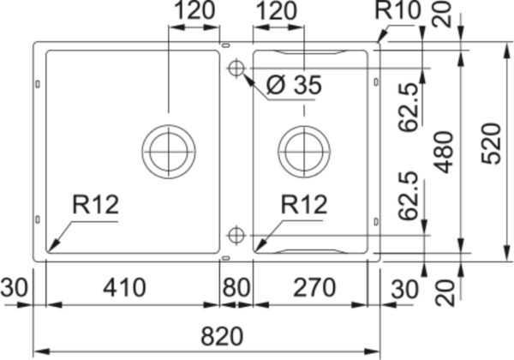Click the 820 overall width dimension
pyautogui.click(x=222, y=336)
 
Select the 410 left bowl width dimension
pyautogui.click(x=124, y=287)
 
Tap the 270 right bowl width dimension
pyautogui.click(x=314, y=287)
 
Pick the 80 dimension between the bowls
pyautogui.click(x=236, y=287)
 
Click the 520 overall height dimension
pyautogui.click(x=492, y=143)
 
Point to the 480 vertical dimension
pyautogui.click(x=443, y=152)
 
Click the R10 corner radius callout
pyautogui.click(x=397, y=10)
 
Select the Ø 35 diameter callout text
pyautogui.click(x=294, y=85)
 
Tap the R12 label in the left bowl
pyautogui.click(x=95, y=205)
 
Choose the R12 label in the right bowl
pyautogui.click(x=304, y=205)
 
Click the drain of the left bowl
pyautogui.click(x=169, y=152)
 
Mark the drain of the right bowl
pyautogui.click(x=304, y=152)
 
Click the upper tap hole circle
pyautogui.click(x=236, y=69)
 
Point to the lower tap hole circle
pyautogui.click(x=236, y=235)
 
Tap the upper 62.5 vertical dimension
pyautogui.click(x=409, y=107)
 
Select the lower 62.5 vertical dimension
pyautogui.click(x=409, y=195)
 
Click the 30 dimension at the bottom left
pyautogui.click(x=14, y=287)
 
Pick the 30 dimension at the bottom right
pyautogui.click(x=405, y=289)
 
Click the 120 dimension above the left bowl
pyautogui.click(x=194, y=10)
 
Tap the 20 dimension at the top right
pyautogui.click(x=443, y=14)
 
